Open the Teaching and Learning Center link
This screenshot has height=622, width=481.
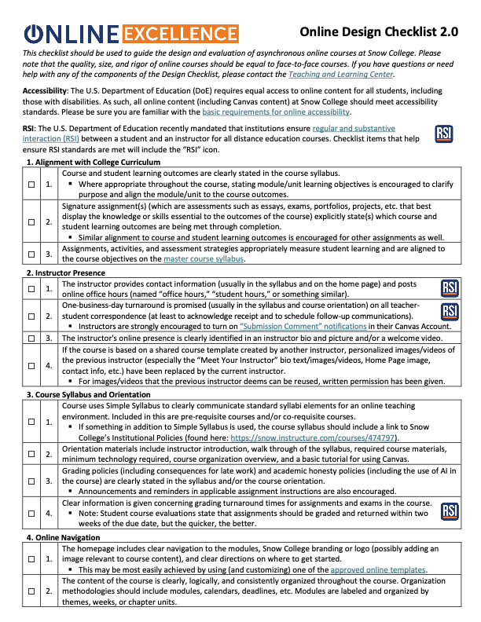tap(340, 75)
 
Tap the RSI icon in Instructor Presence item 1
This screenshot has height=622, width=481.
tap(450, 288)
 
